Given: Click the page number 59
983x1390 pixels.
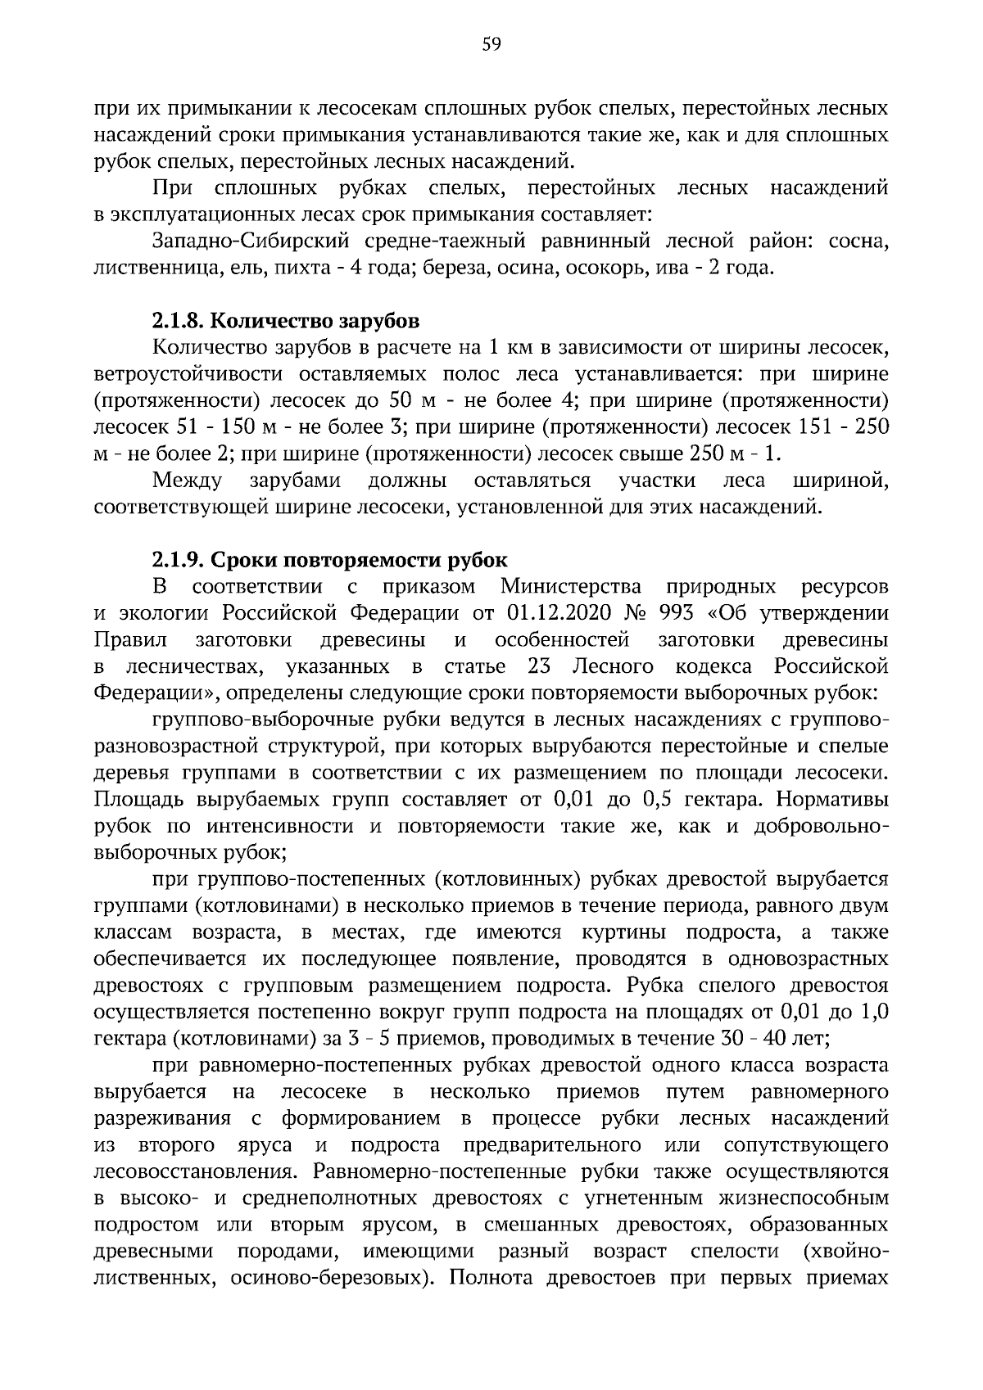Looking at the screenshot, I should (491, 45).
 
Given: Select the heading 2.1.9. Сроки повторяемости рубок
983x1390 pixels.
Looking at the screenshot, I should (329, 560).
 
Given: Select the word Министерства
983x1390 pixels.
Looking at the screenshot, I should (572, 587).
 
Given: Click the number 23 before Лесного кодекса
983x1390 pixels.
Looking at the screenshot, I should (539, 666).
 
